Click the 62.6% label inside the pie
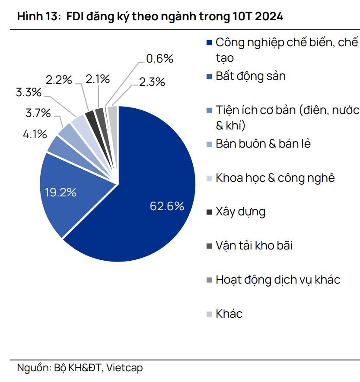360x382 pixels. coord(167,206)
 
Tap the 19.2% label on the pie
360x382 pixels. coord(61,193)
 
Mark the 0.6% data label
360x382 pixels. coord(159,58)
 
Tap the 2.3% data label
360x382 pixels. coord(152,82)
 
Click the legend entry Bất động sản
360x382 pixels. coord(251,76)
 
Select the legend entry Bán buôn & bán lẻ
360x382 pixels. coord(263,144)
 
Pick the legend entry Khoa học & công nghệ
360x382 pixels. coord(275,177)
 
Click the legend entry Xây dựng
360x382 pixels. coord(240,212)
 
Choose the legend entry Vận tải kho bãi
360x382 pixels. coord(254,246)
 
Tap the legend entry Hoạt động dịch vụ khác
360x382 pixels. coord(277,280)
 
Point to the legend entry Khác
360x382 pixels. coord(229,313)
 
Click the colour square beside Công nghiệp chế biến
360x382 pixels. coord(209,43)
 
